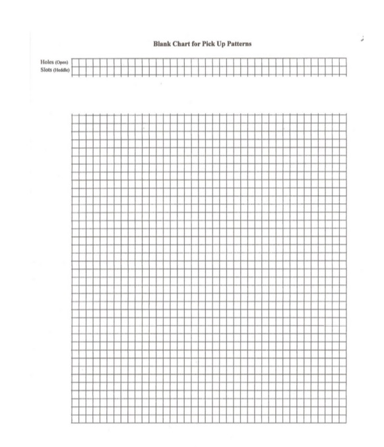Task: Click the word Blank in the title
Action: (x=162, y=44)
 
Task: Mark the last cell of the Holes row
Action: (x=342, y=62)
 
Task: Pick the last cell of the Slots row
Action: (x=342, y=71)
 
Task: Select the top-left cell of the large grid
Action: (x=75, y=117)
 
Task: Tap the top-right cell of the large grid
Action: (x=342, y=117)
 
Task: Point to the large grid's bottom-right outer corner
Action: (x=346, y=422)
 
